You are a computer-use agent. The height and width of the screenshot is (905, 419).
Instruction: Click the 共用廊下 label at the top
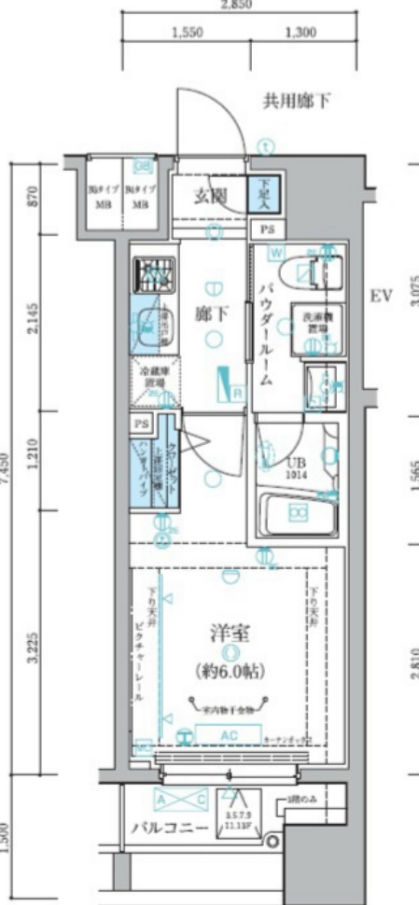click(296, 100)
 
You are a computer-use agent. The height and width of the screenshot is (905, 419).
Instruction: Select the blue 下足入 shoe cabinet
click(261, 196)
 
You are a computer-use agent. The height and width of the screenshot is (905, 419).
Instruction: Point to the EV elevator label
click(380, 297)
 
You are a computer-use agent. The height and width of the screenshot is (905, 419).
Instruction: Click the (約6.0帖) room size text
click(229, 669)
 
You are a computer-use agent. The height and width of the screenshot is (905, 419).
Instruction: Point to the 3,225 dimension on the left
click(33, 648)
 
